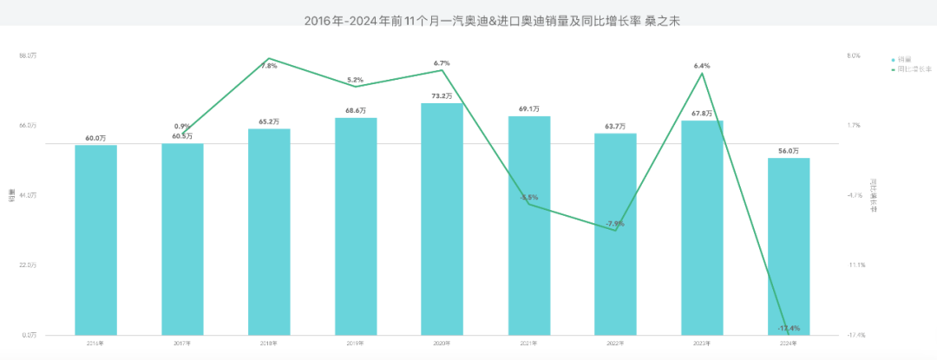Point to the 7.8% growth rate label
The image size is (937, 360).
[269, 66]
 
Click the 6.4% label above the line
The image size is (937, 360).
[702, 66]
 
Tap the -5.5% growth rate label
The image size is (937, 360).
[529, 198]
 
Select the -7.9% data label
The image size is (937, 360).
[615, 224]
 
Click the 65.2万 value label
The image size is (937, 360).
[269, 121]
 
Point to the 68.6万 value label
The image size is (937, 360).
[356, 111]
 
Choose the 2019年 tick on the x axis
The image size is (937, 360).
[356, 344]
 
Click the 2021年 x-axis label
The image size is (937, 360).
[529, 344]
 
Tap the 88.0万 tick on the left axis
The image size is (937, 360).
[28, 56]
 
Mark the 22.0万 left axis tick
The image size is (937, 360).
[28, 265]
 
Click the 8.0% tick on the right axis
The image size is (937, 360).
[854, 56]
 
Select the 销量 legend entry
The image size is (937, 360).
[903, 59]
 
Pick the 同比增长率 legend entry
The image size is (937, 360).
[909, 69]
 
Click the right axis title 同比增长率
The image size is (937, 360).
[873, 195]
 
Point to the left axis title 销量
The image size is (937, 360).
[11, 195]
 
